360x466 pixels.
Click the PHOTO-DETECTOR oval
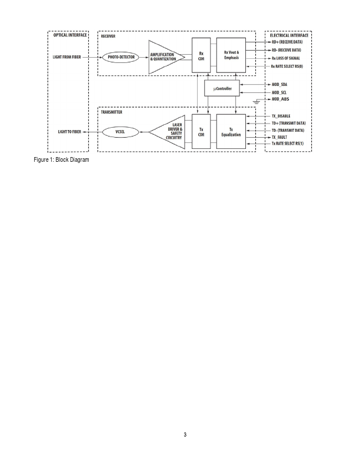point(121,57)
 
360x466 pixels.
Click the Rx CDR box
point(201,57)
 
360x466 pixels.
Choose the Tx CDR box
point(201,132)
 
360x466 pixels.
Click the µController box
point(222,88)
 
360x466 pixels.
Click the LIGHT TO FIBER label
point(69,132)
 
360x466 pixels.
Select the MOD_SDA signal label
point(279,85)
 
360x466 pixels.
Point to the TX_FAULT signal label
point(280,137)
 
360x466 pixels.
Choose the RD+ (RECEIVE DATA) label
point(288,42)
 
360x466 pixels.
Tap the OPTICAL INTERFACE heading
point(66,35)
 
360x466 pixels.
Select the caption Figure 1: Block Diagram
point(61,161)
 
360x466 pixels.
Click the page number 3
point(185,435)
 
